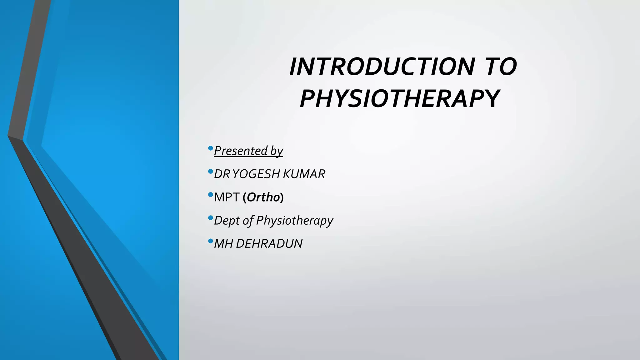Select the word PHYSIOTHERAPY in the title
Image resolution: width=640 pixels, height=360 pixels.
pyautogui.click(x=400, y=99)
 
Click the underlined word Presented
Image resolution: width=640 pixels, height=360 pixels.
pyautogui.click(x=241, y=151)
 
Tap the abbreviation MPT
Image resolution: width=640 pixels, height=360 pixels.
pyautogui.click(x=227, y=197)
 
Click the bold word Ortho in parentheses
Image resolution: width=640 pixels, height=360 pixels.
pyautogui.click(x=263, y=197)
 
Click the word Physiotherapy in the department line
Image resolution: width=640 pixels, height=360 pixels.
pyautogui.click(x=294, y=221)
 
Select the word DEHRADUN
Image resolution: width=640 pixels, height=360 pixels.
pyautogui.click(x=269, y=244)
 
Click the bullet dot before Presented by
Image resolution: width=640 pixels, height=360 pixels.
pyautogui.click(x=210, y=148)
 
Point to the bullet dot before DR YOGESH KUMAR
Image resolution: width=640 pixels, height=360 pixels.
pyautogui.click(x=210, y=171)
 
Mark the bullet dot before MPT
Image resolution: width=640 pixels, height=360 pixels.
pyautogui.click(x=210, y=194)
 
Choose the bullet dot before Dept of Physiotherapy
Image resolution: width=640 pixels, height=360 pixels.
pyautogui.click(x=210, y=217)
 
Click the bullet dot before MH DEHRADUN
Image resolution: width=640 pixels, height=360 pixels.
pyautogui.click(x=210, y=241)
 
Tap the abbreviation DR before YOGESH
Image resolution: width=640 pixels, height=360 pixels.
pyautogui.click(x=222, y=174)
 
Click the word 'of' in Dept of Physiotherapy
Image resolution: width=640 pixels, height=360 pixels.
pyautogui.click(x=248, y=221)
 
